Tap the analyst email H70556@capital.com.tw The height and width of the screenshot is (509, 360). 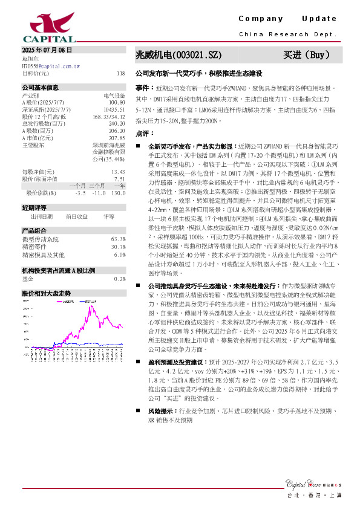tap(47, 66)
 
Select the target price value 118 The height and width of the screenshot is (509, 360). tap(120, 73)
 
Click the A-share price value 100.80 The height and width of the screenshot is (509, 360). tap(117, 102)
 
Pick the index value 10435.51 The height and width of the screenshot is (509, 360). tap(115, 109)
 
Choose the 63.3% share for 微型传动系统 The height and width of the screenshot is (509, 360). tap(119, 239)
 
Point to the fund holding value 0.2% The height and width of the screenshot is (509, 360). tap(120, 279)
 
